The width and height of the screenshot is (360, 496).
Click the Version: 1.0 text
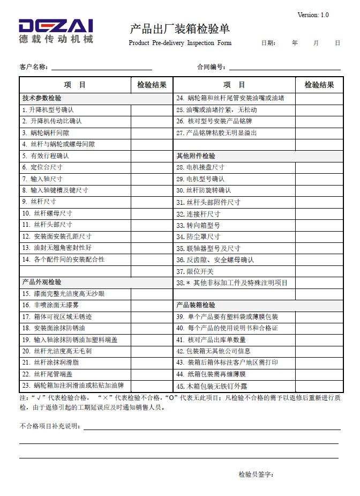click(313, 15)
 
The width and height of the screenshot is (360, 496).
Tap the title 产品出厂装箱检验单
click(179, 29)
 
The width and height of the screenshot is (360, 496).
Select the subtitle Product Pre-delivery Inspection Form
click(180, 43)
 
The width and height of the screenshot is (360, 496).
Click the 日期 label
click(268, 43)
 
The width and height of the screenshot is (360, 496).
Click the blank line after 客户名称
click(101, 68)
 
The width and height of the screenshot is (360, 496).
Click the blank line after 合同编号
click(284, 68)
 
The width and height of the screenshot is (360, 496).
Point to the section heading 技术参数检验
click(42, 98)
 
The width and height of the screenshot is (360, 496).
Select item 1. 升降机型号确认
click(48, 109)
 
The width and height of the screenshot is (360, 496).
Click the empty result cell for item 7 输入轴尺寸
click(152, 179)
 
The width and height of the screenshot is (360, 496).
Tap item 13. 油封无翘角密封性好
click(57, 248)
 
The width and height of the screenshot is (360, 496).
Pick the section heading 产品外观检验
click(42, 282)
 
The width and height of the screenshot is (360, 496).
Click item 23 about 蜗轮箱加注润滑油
click(73, 386)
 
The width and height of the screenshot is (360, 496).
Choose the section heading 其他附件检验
click(196, 156)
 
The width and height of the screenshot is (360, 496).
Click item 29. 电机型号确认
click(201, 179)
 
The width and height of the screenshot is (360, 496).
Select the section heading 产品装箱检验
click(196, 305)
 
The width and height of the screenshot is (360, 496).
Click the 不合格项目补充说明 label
click(50, 426)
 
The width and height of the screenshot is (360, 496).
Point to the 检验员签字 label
click(256, 475)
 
